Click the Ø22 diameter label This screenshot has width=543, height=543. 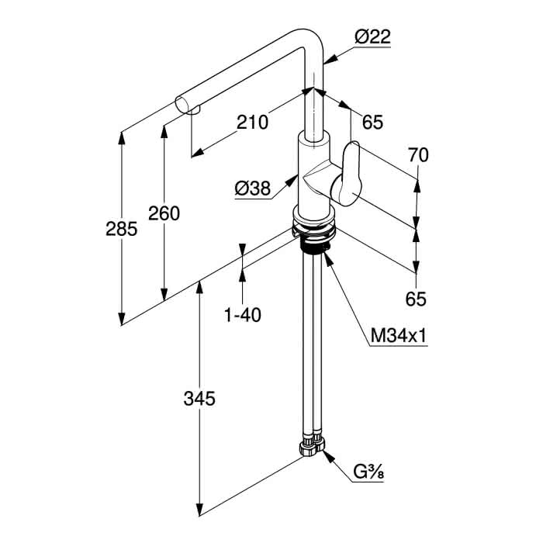372,37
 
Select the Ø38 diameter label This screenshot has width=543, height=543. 252,188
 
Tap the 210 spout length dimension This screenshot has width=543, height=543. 252,123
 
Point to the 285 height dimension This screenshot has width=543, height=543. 121,229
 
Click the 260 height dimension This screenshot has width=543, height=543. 164,213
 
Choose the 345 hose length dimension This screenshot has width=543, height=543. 199,399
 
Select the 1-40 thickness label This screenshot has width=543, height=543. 243,315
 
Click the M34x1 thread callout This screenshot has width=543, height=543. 398,335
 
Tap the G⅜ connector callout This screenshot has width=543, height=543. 368,472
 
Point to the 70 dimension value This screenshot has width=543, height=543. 418,155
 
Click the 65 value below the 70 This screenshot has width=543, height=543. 416,299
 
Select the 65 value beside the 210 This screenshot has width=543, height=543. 372,123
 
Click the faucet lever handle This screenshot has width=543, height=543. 348,175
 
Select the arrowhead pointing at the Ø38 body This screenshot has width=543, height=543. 292,181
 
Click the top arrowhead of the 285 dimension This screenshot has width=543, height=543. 121,139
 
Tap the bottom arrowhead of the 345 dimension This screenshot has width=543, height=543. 199,508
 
